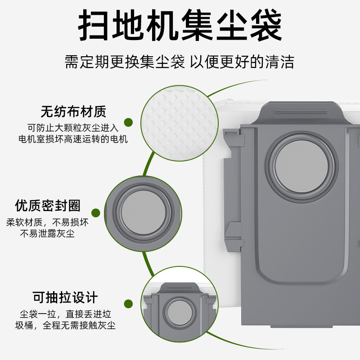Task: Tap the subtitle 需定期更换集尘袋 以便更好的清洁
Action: [180, 62]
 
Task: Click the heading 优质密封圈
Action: [48, 206]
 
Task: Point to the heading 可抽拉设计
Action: [65, 297]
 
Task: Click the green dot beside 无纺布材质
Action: [128, 122]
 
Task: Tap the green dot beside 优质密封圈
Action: [96, 213]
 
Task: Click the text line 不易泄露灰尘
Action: [47, 234]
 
